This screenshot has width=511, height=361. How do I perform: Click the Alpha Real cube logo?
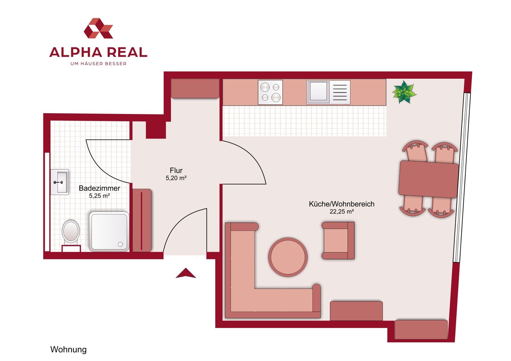tap(98, 28)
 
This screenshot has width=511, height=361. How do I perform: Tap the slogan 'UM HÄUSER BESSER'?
tap(98, 64)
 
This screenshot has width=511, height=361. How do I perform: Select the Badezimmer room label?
tap(99, 188)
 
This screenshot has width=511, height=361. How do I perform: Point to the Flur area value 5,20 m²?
tap(176, 178)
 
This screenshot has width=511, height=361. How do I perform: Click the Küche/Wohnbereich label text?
tap(342, 204)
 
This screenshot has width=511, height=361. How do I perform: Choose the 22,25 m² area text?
tap(342, 212)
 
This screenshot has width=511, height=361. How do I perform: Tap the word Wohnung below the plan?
tap(68, 349)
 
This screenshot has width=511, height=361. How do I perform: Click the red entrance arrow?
tap(186, 273)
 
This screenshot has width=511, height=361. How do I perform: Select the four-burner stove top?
tap(270, 92)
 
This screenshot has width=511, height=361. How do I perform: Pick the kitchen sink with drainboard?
tap(328, 92)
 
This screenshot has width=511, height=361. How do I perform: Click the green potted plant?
tap(404, 92)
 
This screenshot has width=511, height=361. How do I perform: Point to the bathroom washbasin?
tap(60, 182)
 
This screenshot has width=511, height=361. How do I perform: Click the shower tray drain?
tap(120, 244)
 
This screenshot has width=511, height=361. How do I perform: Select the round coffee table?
tap(288, 257)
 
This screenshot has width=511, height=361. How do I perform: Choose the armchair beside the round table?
tap(338, 240)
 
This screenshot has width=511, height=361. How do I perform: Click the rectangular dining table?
tap(428, 179)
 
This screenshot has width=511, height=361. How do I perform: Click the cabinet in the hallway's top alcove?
tap(195, 88)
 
